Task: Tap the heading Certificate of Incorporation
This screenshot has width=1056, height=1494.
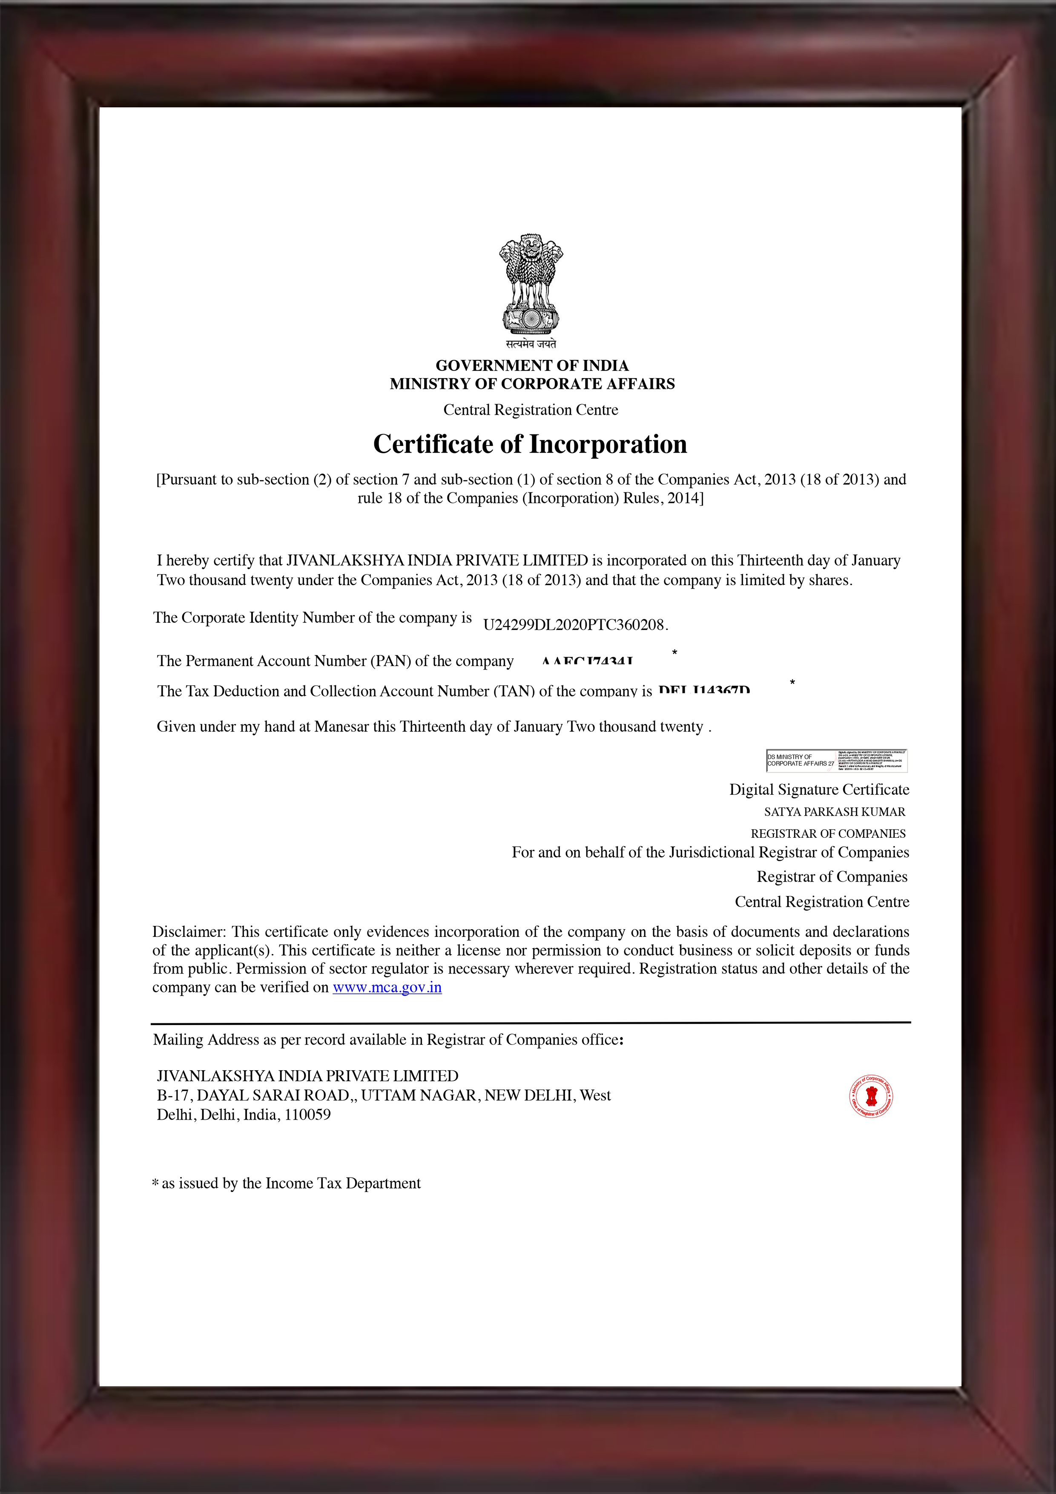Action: pyautogui.click(x=530, y=445)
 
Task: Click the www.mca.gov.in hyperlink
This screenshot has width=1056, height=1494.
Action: pyautogui.click(x=387, y=988)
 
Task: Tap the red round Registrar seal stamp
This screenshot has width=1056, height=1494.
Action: pyautogui.click(x=871, y=1096)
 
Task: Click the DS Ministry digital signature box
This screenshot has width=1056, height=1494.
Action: pyautogui.click(x=836, y=761)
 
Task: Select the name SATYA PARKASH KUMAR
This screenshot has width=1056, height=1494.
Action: pyautogui.click(x=834, y=812)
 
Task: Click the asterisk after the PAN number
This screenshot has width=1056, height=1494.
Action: pyautogui.click(x=675, y=652)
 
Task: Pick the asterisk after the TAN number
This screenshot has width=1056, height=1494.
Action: pyautogui.click(x=792, y=682)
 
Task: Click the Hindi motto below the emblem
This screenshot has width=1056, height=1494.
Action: pyautogui.click(x=531, y=344)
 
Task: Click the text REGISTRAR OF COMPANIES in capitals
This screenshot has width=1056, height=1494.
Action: pyautogui.click(x=828, y=834)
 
